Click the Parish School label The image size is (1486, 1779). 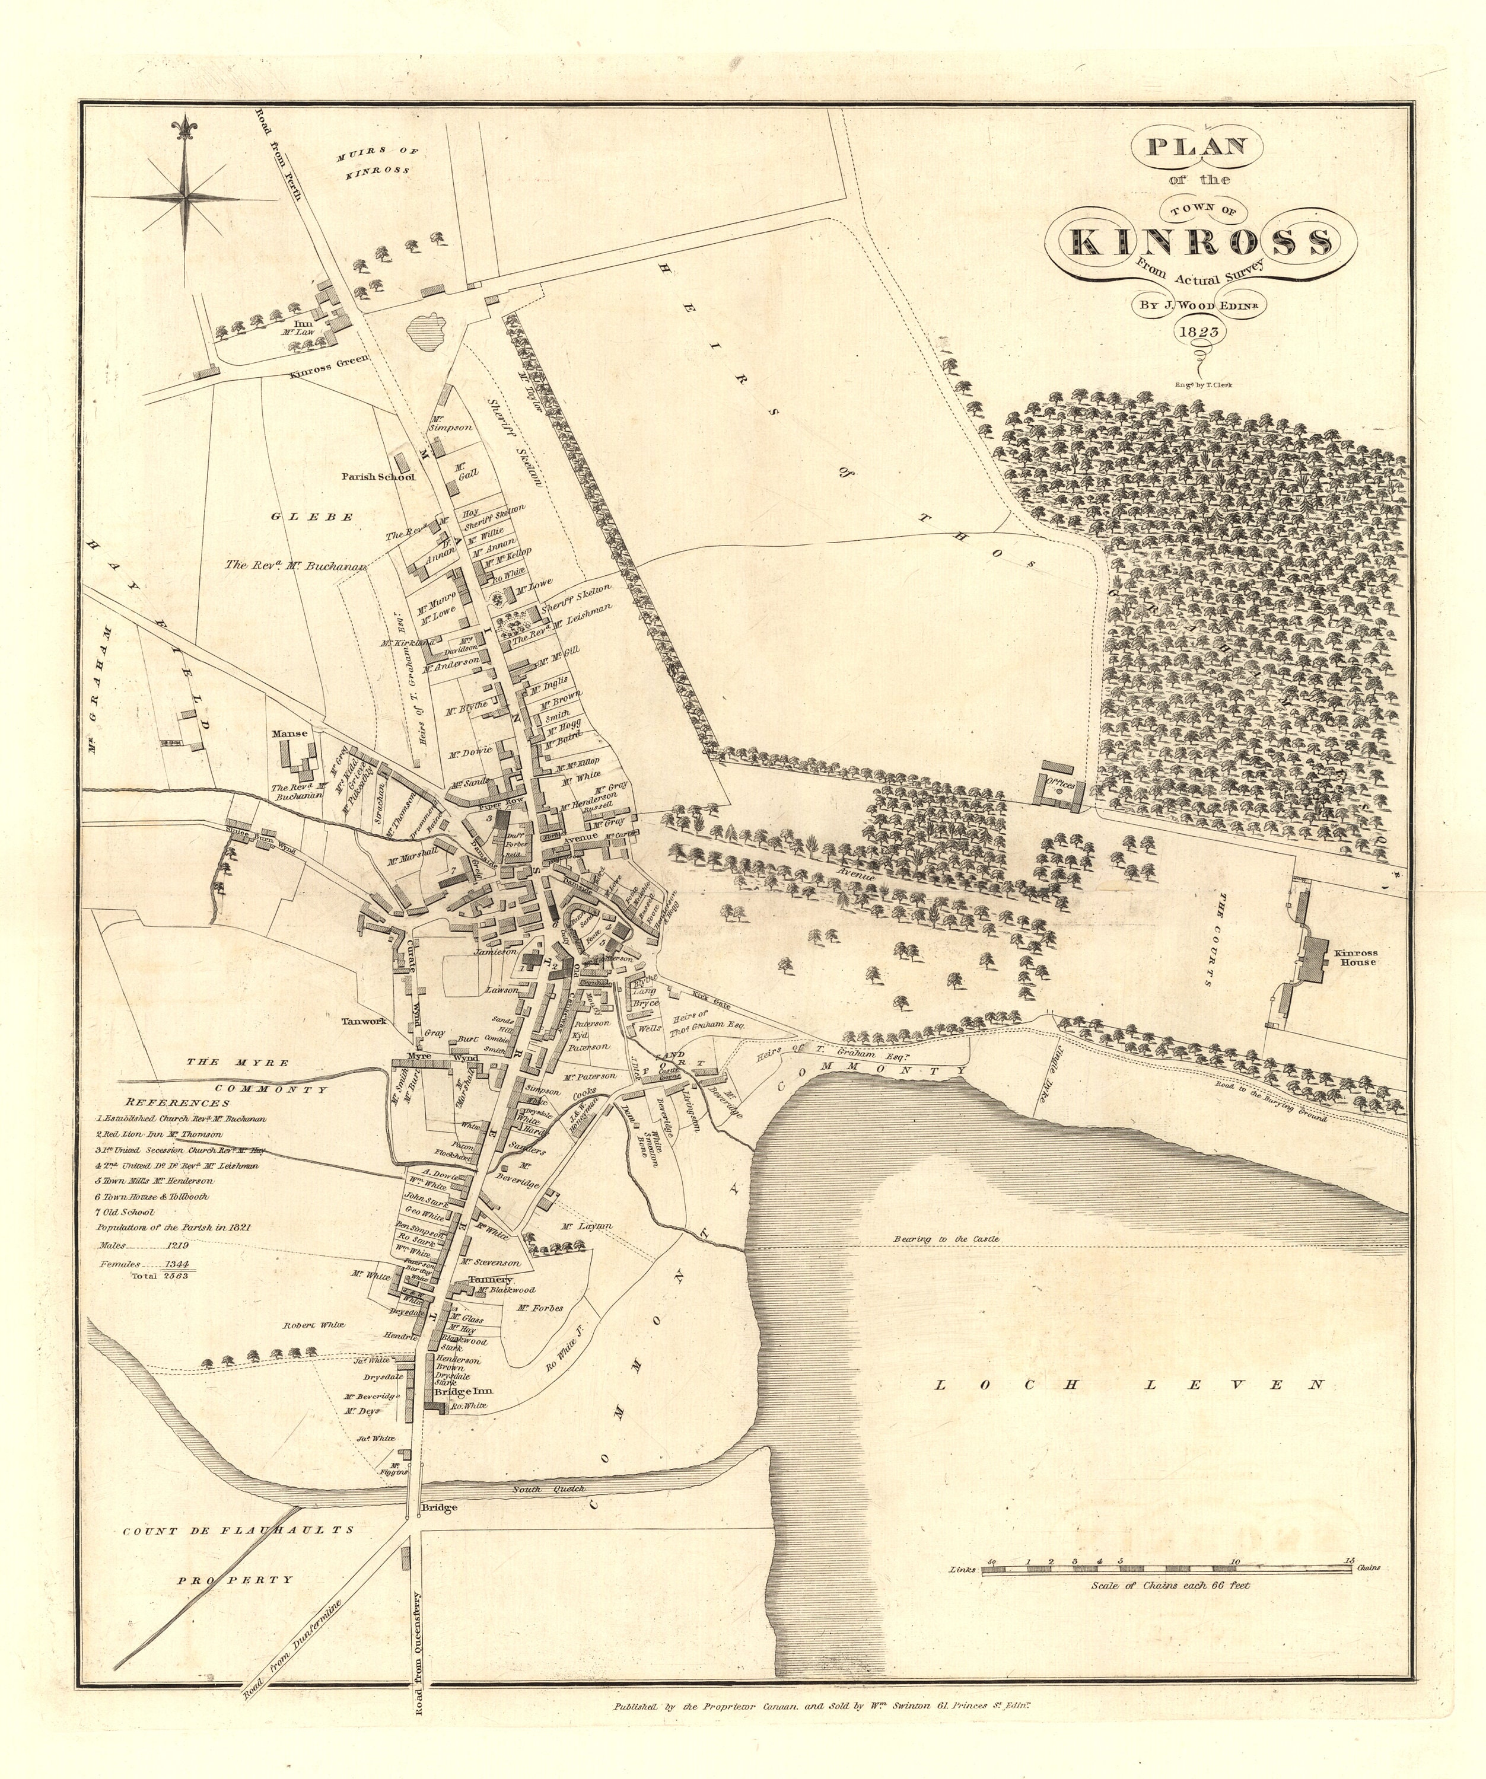378,477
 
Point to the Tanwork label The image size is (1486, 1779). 364,1021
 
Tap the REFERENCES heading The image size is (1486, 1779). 177,1103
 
